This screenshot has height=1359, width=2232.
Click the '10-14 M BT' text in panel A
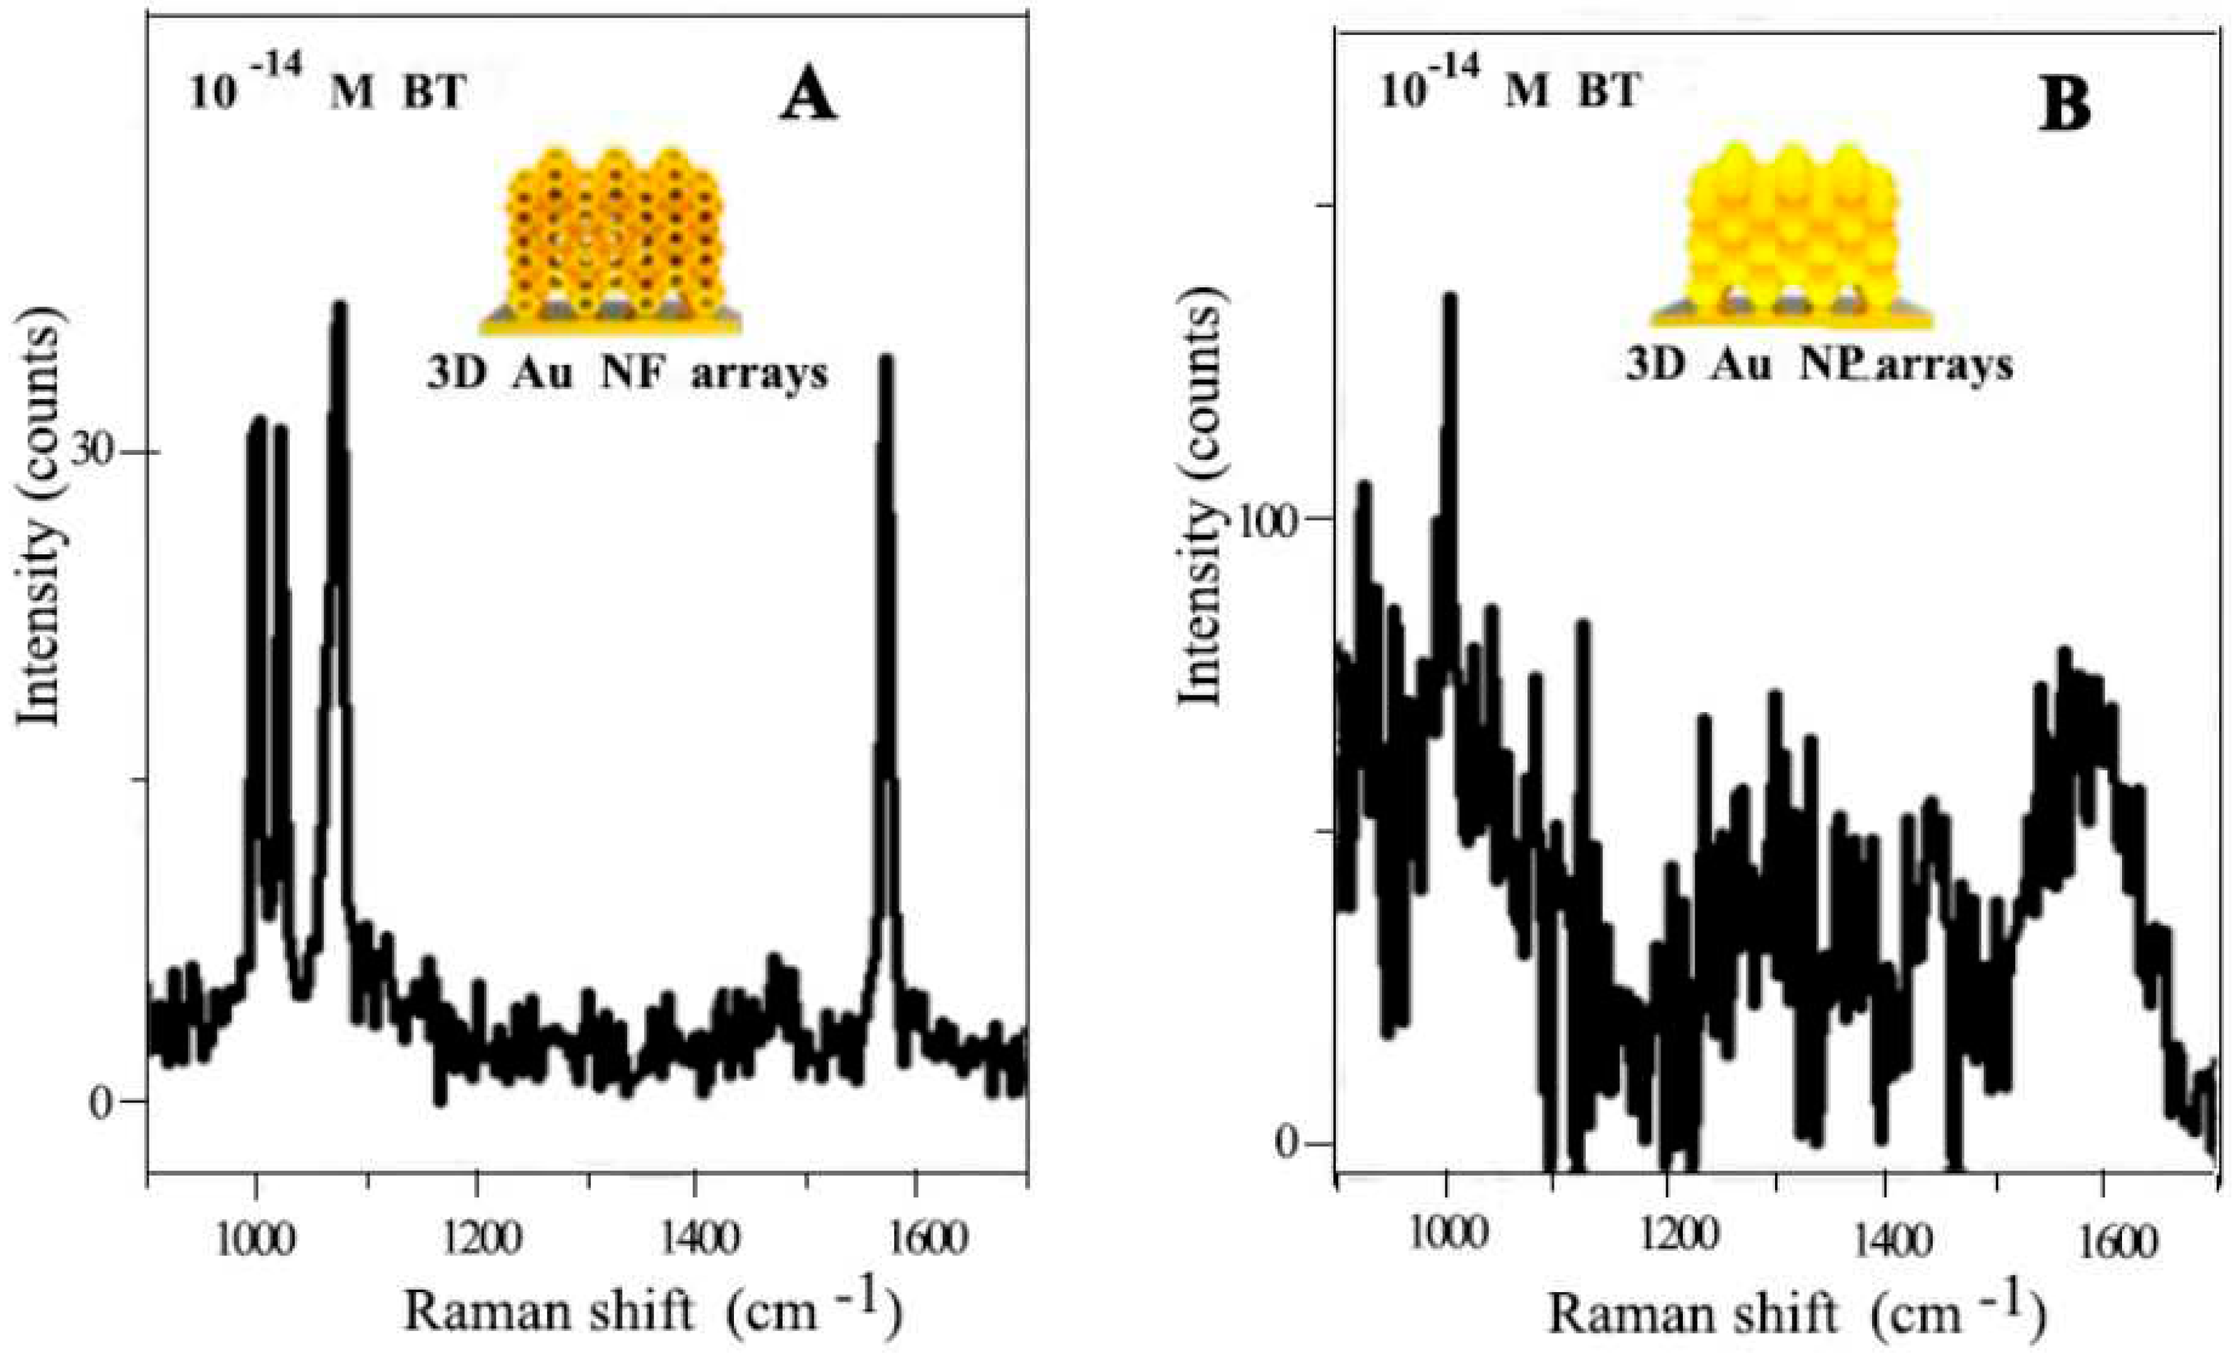328,91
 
